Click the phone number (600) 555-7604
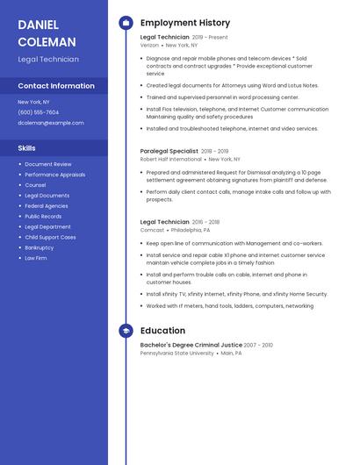point(39,112)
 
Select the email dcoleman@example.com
point(51,123)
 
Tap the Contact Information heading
point(56,86)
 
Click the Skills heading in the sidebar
point(26,148)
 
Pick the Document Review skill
point(48,164)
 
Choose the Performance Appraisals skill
point(54,175)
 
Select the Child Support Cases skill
point(50,237)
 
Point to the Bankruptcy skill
point(39,247)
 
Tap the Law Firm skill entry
point(36,258)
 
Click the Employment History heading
point(185,23)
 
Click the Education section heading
point(162,331)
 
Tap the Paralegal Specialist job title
point(169,151)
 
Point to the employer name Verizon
point(149,45)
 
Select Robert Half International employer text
point(170,159)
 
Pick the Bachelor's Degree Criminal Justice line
point(191,345)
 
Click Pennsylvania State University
point(176,354)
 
